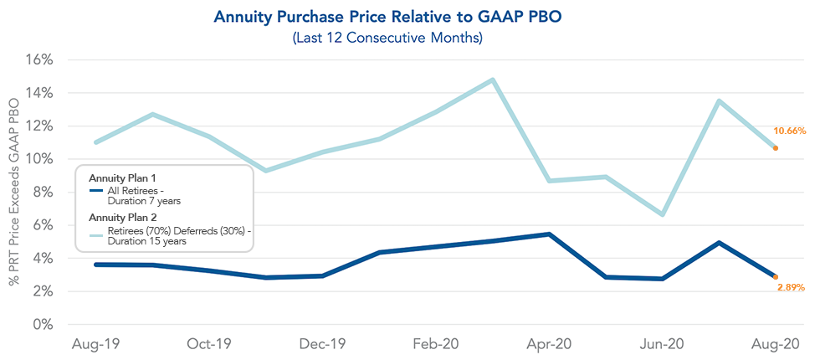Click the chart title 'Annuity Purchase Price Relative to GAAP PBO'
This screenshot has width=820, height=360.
tap(410, 17)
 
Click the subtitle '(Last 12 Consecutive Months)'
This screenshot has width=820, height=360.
tap(410, 37)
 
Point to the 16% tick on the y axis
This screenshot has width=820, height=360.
tap(39, 60)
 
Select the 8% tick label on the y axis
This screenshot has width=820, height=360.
tap(43, 193)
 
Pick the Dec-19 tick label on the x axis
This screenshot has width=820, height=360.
tap(323, 344)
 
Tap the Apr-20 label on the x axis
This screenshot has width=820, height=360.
tap(550, 344)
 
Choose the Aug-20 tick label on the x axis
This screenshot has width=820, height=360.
tap(776, 344)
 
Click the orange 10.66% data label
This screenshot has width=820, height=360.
tap(789, 131)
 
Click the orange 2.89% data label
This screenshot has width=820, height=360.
tap(789, 287)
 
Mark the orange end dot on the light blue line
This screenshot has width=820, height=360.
tap(776, 148)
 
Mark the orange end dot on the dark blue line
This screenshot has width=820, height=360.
tap(776, 276)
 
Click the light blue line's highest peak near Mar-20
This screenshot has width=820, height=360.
tap(493, 80)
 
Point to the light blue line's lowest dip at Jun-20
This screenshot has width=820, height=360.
tap(663, 214)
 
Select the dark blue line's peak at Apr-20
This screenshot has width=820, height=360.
tap(550, 234)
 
